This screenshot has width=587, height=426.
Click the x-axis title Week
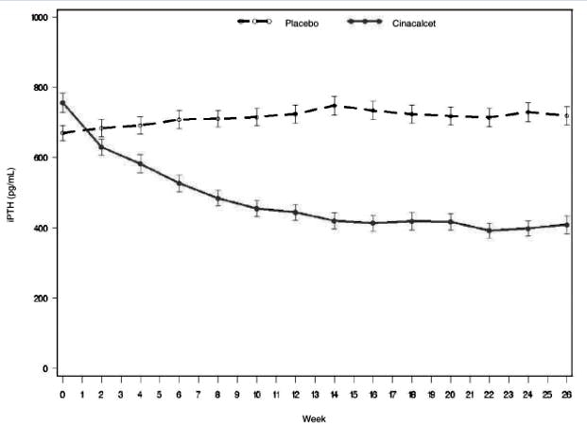[x=314, y=417]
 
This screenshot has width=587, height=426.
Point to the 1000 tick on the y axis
[x=41, y=17]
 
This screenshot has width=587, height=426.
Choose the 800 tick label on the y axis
[x=43, y=88]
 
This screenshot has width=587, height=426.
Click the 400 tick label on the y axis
[x=43, y=228]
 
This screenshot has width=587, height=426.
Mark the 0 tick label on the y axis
[x=48, y=368]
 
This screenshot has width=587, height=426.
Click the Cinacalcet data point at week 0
[x=62, y=103]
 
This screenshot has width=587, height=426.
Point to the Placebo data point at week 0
[x=62, y=133]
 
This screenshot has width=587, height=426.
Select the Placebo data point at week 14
[x=334, y=106]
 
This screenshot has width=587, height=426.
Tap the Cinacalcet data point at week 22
[x=489, y=230]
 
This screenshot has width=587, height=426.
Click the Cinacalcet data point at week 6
[x=179, y=183]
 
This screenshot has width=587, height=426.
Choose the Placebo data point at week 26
[x=566, y=115]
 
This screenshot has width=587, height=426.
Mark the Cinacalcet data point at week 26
[x=566, y=225]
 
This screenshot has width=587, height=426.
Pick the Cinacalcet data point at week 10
[x=256, y=209]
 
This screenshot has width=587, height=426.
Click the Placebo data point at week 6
[x=179, y=120]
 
